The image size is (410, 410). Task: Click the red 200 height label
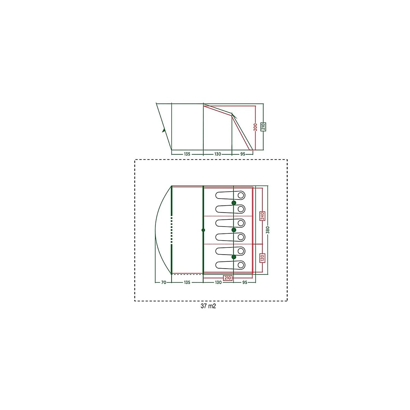click(255, 127)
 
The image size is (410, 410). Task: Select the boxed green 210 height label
click(263, 127)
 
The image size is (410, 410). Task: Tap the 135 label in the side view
click(187, 154)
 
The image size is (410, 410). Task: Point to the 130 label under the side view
click(218, 154)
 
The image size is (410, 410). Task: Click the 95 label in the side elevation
click(243, 154)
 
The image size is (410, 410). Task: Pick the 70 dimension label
click(163, 282)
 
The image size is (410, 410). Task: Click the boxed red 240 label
click(262, 216)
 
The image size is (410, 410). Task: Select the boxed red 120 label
click(262, 257)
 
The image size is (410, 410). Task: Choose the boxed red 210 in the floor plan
click(227, 278)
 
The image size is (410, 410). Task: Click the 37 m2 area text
click(208, 306)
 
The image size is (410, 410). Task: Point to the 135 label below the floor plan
click(187, 282)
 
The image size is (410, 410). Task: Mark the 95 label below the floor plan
click(245, 282)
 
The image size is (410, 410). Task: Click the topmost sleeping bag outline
click(230, 195)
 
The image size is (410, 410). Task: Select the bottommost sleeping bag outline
click(230, 265)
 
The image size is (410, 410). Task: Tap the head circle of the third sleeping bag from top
click(241, 223)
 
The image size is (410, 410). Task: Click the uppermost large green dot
click(234, 203)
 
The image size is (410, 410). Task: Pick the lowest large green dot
click(234, 257)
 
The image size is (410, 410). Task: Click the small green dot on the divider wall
click(203, 230)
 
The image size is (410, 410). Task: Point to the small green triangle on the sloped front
click(164, 130)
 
